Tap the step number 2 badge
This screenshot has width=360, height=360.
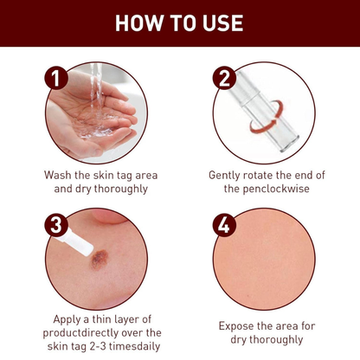pyautogui.click(x=225, y=80)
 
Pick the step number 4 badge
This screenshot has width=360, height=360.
pyautogui.click(x=225, y=228)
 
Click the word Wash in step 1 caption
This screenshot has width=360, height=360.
pyautogui.click(x=61, y=175)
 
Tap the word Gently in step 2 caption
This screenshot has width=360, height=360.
pyautogui.click(x=228, y=175)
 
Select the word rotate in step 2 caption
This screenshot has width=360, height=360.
pyautogui.click(x=268, y=175)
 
